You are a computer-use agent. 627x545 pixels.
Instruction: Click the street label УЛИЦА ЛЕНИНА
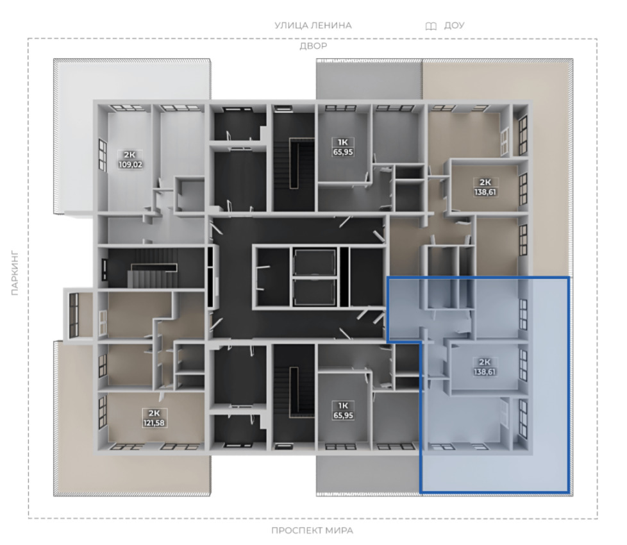coord(313,25)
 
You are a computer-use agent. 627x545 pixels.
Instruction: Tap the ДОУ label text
coord(454,25)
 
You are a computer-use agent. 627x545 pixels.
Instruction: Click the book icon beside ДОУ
coord(431,26)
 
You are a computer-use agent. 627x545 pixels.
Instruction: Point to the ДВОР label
coord(313,46)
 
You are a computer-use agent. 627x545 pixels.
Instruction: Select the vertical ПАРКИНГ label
coord(15,273)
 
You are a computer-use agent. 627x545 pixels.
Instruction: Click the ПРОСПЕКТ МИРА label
coord(312,531)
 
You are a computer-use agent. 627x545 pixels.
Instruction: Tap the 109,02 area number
coord(130,164)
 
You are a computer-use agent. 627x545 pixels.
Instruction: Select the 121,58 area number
coord(154,423)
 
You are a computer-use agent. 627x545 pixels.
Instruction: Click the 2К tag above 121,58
coord(154,414)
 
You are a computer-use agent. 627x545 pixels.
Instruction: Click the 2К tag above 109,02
coord(130,155)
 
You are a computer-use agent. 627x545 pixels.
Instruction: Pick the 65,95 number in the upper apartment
coord(343,152)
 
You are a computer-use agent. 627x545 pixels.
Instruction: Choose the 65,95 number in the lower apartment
coord(343,415)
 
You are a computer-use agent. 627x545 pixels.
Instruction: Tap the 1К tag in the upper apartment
coord(343,142)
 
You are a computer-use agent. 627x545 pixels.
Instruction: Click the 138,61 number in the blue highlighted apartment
coord(485,371)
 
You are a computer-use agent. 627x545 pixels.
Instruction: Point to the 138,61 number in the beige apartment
coord(485,192)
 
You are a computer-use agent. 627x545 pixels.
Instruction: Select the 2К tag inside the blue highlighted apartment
coord(485,362)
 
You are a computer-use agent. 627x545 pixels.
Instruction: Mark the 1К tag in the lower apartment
coord(343,406)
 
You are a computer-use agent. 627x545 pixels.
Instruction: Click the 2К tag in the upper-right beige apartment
coord(485,182)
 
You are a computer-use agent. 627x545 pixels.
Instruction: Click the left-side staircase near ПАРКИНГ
coord(153,268)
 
